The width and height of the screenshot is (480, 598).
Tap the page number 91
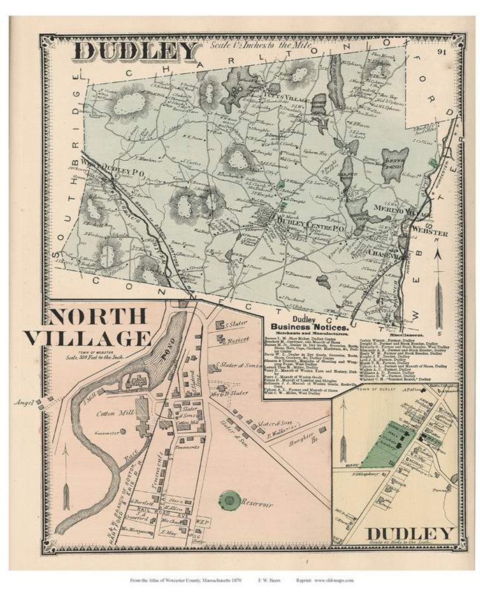coord(441,52)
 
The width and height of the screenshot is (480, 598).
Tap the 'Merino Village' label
coord(403,211)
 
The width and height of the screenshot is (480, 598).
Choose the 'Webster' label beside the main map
coord(429,233)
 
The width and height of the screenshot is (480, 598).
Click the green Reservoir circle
coord(230,500)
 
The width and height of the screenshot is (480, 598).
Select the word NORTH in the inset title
coord(97,317)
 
